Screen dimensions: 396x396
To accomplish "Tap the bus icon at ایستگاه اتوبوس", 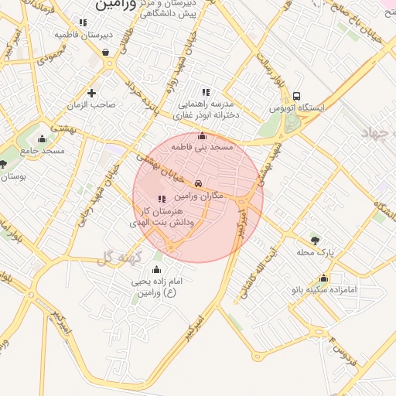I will pyautogui.click(x=297, y=96).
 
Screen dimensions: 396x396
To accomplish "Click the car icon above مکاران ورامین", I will pyautogui.click(x=200, y=184).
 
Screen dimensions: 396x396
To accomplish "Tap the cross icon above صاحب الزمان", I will pyautogui.click(x=91, y=93).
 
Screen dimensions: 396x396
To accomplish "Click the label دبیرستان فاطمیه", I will pyautogui.click(x=85, y=35).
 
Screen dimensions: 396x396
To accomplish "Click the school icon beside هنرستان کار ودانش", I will pyautogui.click(x=162, y=200).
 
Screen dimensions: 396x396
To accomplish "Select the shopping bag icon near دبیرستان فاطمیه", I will pyautogui.click(x=105, y=53).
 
